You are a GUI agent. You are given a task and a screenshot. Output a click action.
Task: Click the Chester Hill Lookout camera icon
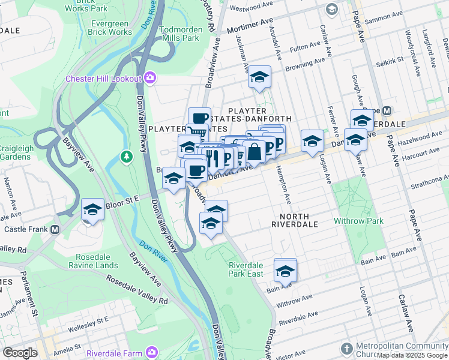click(x=150, y=78)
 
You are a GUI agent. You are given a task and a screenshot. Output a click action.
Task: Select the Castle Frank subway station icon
click(x=55, y=229)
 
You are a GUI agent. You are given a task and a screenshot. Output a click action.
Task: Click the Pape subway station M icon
click(x=387, y=111)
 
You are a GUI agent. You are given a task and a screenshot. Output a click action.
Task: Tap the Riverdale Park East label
click(x=246, y=269)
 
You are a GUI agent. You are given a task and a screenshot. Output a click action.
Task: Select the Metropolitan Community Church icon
click(x=346, y=349)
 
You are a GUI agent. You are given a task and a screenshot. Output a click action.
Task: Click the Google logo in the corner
click(x=20, y=353)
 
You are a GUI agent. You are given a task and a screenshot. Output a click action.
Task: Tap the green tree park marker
click(x=126, y=157)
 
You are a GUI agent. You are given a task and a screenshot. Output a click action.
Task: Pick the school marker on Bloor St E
click(x=92, y=209)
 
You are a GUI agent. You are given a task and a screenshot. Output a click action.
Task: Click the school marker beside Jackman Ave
click(x=259, y=77)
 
